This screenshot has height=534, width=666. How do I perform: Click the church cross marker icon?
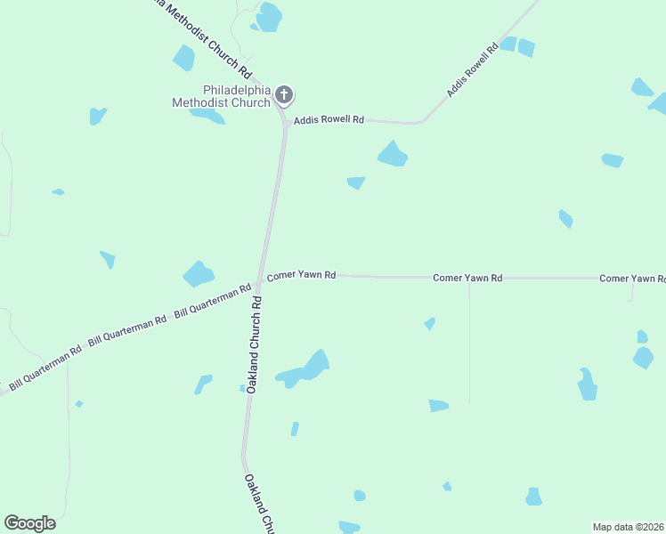pyautogui.click(x=284, y=94)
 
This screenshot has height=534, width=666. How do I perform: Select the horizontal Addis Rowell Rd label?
pyautogui.click(x=330, y=119)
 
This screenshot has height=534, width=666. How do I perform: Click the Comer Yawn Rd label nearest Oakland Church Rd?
pyautogui.click(x=301, y=276)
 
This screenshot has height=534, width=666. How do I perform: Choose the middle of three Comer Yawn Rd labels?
pyautogui.click(x=467, y=279)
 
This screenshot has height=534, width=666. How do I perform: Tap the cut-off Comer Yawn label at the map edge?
pyautogui.click(x=632, y=279)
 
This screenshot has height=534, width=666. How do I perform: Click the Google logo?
pyautogui.click(x=29, y=523)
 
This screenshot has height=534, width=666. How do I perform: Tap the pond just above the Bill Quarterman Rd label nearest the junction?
pyautogui.click(x=198, y=273)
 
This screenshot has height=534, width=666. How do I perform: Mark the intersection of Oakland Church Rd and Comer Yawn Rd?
pyautogui.click(x=261, y=276)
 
